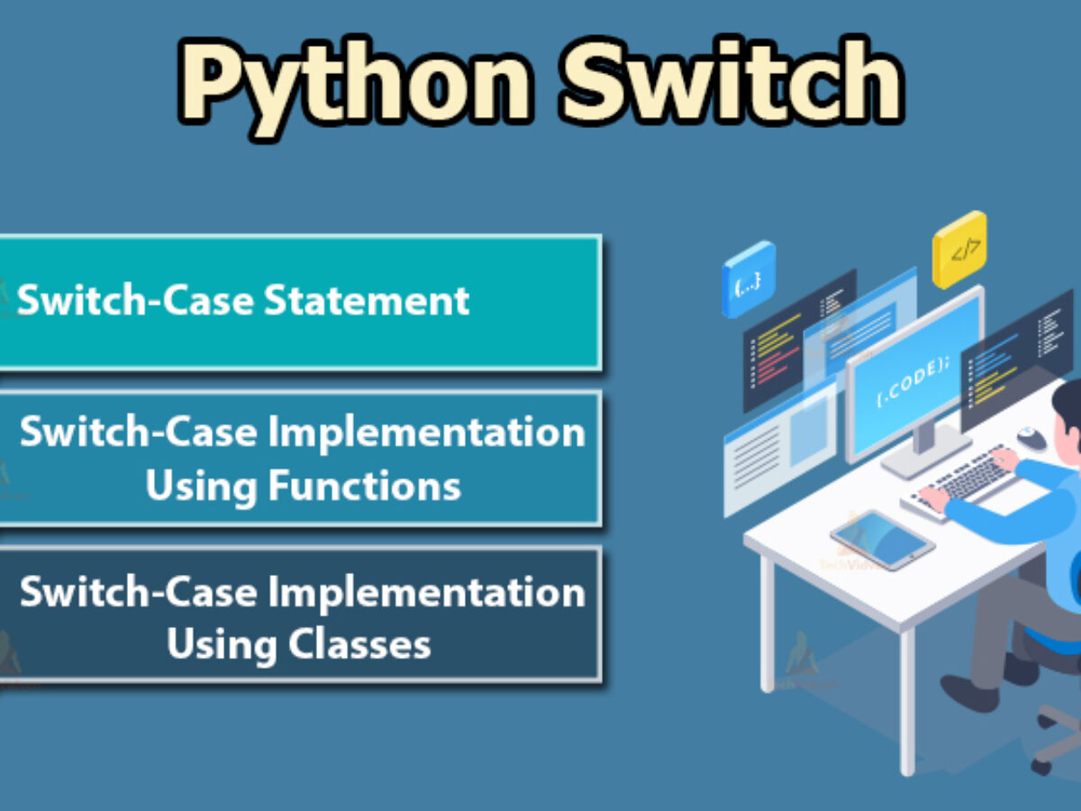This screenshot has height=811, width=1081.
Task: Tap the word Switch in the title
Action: click(731, 83)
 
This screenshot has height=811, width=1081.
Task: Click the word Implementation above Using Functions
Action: click(427, 433)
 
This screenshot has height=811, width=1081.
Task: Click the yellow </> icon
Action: click(959, 250)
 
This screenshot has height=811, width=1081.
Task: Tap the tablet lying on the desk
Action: click(882, 539)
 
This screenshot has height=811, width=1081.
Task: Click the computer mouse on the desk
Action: click(1031, 439)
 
